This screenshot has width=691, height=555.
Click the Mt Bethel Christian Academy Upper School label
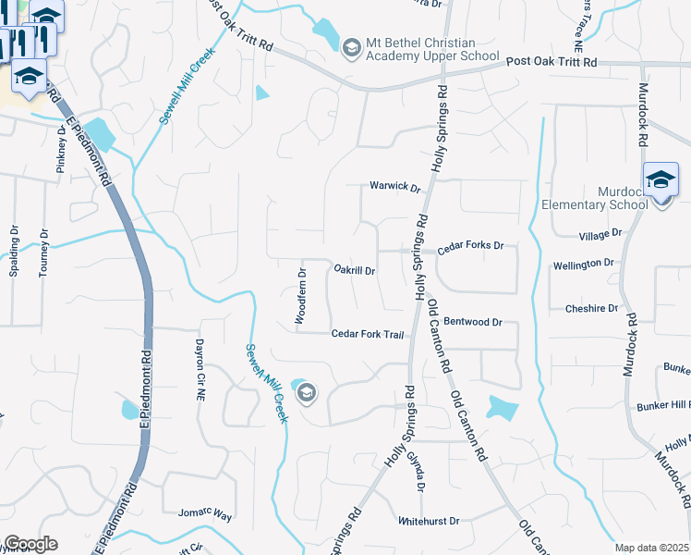tap(420, 50)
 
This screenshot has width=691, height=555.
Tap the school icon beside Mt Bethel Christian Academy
tap(351, 47)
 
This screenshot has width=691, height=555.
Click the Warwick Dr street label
tap(395, 187)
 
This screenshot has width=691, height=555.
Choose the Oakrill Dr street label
tap(354, 271)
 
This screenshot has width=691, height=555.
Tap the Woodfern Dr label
tap(300, 296)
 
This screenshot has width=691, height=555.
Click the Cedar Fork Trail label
tap(368, 334)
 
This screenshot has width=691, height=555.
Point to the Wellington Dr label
tap(583, 265)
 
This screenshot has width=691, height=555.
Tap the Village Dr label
tap(600, 235)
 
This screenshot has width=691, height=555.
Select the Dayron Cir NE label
tap(199, 370)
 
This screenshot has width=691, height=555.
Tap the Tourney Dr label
tap(43, 255)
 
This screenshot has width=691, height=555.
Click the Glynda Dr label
tap(420, 473)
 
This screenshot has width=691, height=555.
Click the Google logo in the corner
tap(30, 544)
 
